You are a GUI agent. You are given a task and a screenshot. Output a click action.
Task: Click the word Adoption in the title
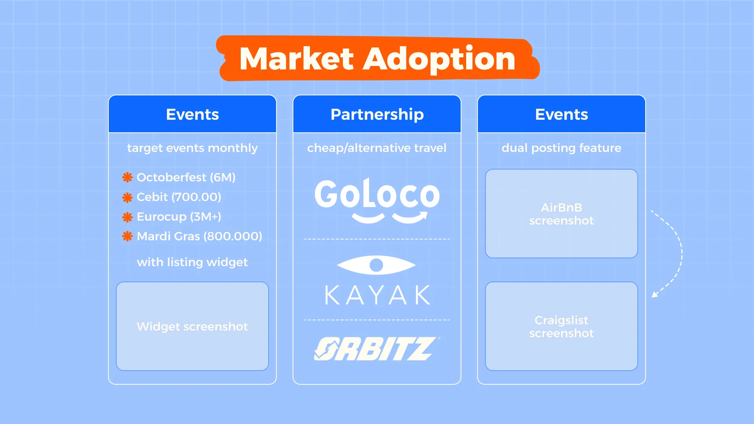439,59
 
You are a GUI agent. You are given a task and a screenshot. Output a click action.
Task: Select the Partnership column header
377,114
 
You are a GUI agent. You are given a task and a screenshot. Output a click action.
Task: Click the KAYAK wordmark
377,295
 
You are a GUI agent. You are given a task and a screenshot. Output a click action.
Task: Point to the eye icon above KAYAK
376,265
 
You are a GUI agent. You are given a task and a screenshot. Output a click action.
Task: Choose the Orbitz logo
377,349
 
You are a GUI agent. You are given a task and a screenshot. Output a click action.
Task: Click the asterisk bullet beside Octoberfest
127,177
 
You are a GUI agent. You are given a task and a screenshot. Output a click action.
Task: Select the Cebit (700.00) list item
179,197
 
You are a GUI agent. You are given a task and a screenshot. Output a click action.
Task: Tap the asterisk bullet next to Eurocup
127,217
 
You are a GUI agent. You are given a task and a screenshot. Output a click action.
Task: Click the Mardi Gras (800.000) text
199,236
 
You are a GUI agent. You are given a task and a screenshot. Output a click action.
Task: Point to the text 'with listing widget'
192,262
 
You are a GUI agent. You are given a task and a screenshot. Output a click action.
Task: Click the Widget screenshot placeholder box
192,326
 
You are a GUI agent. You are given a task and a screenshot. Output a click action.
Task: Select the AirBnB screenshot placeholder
561,214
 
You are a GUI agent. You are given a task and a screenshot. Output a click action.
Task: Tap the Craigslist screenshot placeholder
561,326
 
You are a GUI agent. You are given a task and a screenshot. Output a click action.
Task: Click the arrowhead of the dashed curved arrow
654,294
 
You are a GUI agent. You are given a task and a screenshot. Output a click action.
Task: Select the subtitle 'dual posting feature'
561,148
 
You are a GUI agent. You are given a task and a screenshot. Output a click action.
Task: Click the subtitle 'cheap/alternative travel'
377,148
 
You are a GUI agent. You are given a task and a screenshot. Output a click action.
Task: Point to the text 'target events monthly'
192,148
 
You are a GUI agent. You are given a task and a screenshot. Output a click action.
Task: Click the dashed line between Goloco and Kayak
377,239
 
